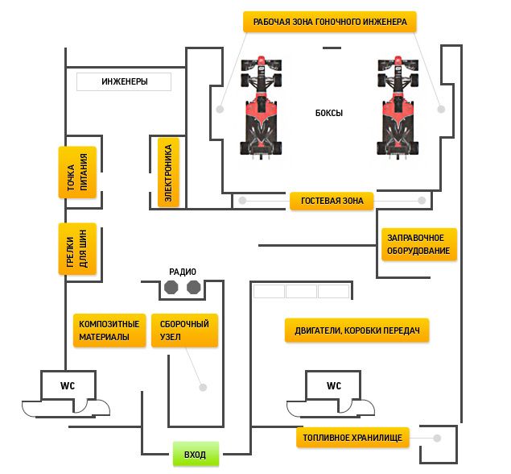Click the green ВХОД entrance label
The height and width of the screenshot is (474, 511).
click(196, 454)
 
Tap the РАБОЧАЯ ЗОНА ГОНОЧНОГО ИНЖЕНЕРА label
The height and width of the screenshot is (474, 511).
click(330, 22)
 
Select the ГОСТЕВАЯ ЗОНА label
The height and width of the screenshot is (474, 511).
click(332, 201)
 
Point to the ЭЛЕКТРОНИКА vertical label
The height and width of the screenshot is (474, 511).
click(168, 173)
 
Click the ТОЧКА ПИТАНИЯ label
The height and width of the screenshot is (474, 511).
click(77, 173)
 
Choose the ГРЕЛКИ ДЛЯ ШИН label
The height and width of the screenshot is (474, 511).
click(77, 249)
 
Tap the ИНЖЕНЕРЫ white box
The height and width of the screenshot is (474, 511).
click(124, 81)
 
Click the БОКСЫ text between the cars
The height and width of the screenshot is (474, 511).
click(329, 113)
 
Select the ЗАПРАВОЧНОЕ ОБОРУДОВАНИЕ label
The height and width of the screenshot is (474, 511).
click(419, 244)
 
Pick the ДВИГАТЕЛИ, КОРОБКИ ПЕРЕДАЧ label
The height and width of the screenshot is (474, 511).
click(356, 331)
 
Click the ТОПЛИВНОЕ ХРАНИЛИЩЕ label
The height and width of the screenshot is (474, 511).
click(352, 438)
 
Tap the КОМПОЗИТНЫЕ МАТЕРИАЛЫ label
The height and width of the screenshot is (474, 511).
click(109, 331)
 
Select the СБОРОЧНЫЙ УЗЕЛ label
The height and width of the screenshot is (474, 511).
click(184, 331)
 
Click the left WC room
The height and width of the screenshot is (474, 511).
click(68, 385)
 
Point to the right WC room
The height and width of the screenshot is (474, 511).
click(333, 385)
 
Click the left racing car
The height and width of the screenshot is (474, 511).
click(261, 107)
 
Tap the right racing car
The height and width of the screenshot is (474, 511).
click(398, 107)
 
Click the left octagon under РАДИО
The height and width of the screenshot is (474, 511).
click(171, 287)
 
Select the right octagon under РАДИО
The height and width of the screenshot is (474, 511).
click(194, 287)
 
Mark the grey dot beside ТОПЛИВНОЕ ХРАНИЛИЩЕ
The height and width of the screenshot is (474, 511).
click(437, 438)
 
